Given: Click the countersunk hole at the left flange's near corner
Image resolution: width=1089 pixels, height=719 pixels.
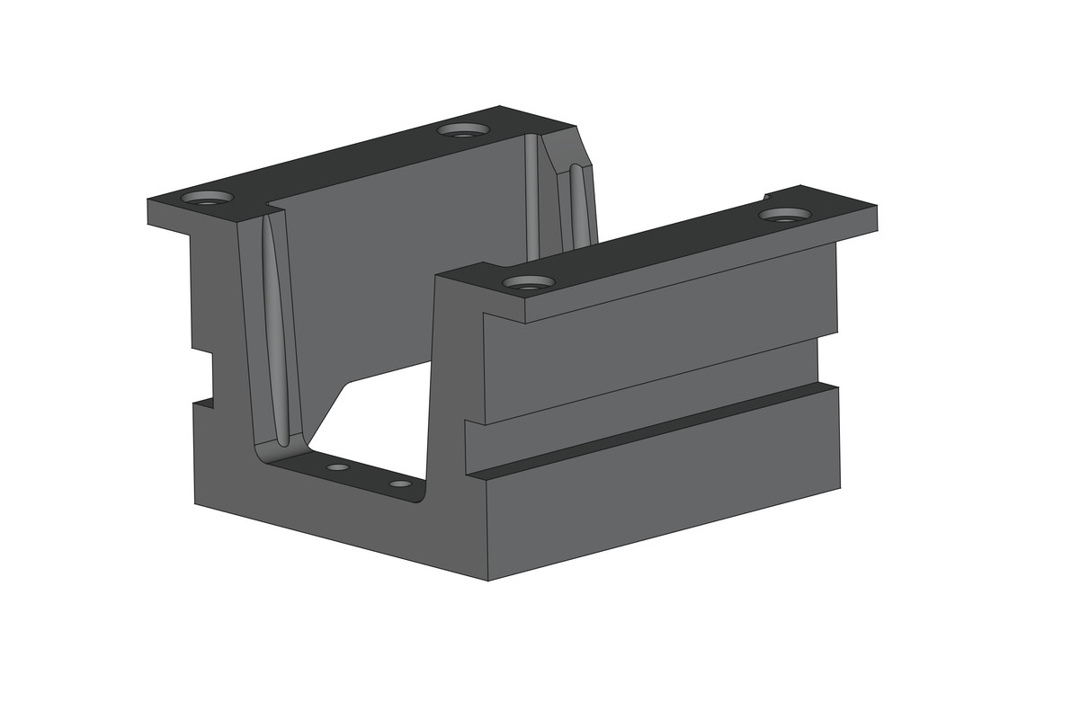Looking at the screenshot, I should [207, 198].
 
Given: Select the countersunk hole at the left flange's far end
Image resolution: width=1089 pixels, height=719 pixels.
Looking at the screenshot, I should [463, 130].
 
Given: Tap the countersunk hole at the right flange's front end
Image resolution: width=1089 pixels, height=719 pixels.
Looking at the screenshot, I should [529, 283].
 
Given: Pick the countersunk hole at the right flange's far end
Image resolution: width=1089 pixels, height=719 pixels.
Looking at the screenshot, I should [785, 215].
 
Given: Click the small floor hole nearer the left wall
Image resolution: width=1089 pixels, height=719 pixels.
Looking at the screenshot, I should [337, 467].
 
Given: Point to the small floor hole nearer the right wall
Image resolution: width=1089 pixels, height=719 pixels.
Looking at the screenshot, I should [400, 484].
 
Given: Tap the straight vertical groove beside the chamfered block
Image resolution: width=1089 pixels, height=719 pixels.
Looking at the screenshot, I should [531, 193].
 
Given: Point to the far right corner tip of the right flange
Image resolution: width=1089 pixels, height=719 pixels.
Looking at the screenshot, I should [876, 208].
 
